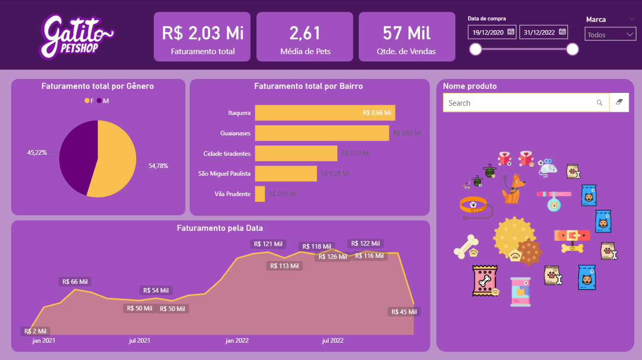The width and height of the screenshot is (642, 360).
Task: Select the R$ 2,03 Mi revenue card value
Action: [203, 33]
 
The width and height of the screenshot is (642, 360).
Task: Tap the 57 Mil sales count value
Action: [407, 33]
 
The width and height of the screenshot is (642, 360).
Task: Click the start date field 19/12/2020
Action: [488, 32]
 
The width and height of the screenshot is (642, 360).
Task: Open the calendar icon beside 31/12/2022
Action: [562, 32]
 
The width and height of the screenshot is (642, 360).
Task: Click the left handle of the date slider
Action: [476, 49]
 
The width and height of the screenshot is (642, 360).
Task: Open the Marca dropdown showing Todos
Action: [610, 35]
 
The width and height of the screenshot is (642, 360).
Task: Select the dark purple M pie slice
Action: [77, 156]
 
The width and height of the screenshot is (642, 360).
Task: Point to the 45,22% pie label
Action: [37, 152]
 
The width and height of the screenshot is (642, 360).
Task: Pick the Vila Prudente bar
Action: [260, 194]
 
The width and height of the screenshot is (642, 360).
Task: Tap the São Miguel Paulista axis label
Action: [224, 174]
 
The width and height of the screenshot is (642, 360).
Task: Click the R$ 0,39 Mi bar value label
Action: [355, 153]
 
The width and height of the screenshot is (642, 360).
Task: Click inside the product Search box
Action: [521, 103]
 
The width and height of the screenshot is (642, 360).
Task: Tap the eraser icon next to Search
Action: [619, 103]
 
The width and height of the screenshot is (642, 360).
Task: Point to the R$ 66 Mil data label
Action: [75, 281]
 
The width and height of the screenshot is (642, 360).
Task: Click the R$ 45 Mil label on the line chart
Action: [404, 311]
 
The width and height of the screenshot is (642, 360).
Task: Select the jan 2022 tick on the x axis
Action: [237, 341]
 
